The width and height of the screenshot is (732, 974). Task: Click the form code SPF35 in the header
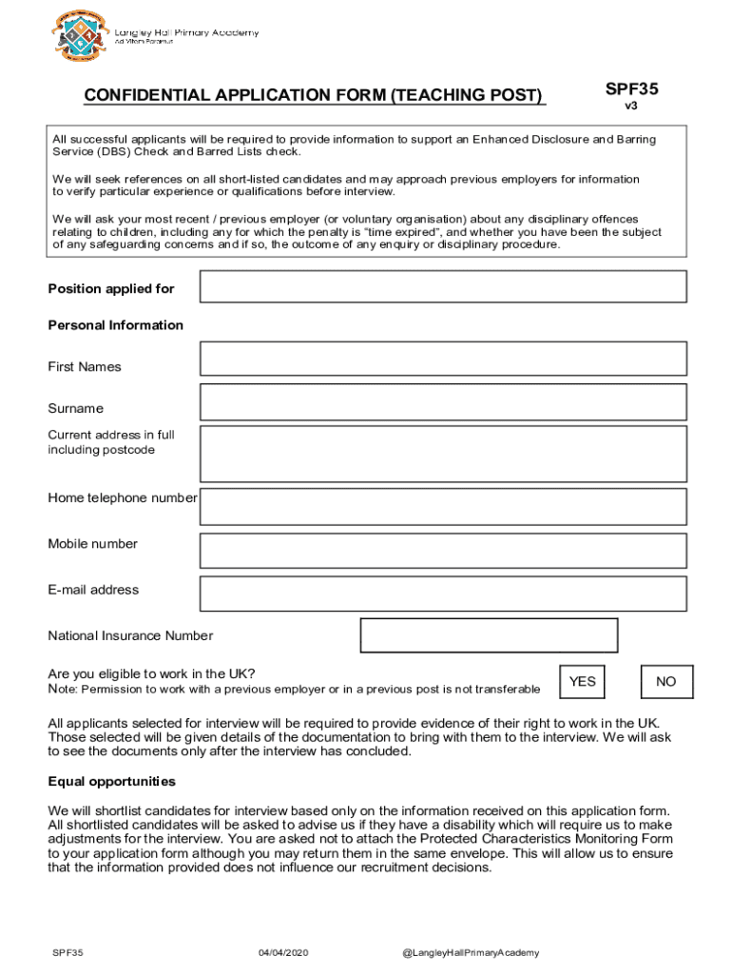(632, 90)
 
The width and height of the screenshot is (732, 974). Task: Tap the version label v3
(631, 107)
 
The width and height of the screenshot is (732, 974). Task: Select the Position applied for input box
(443, 286)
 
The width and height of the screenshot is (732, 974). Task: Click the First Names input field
(443, 359)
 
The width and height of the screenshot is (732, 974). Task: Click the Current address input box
(443, 454)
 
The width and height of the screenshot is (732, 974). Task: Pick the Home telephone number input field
(443, 507)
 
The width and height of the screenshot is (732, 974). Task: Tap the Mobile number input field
(443, 551)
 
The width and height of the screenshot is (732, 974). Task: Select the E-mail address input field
(443, 594)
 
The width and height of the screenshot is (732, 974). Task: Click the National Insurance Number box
(489, 635)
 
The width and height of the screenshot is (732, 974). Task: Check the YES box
(583, 682)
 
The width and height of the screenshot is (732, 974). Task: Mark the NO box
(666, 682)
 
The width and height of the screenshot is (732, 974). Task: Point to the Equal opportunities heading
(112, 782)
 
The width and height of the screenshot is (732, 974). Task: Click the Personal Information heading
(116, 325)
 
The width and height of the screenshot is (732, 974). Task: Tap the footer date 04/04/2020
(283, 953)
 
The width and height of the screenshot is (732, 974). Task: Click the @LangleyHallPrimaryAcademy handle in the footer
(472, 953)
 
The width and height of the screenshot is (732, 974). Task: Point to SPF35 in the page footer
(67, 953)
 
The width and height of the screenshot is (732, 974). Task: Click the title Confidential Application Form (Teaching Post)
(314, 96)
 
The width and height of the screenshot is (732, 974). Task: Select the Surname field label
(76, 409)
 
